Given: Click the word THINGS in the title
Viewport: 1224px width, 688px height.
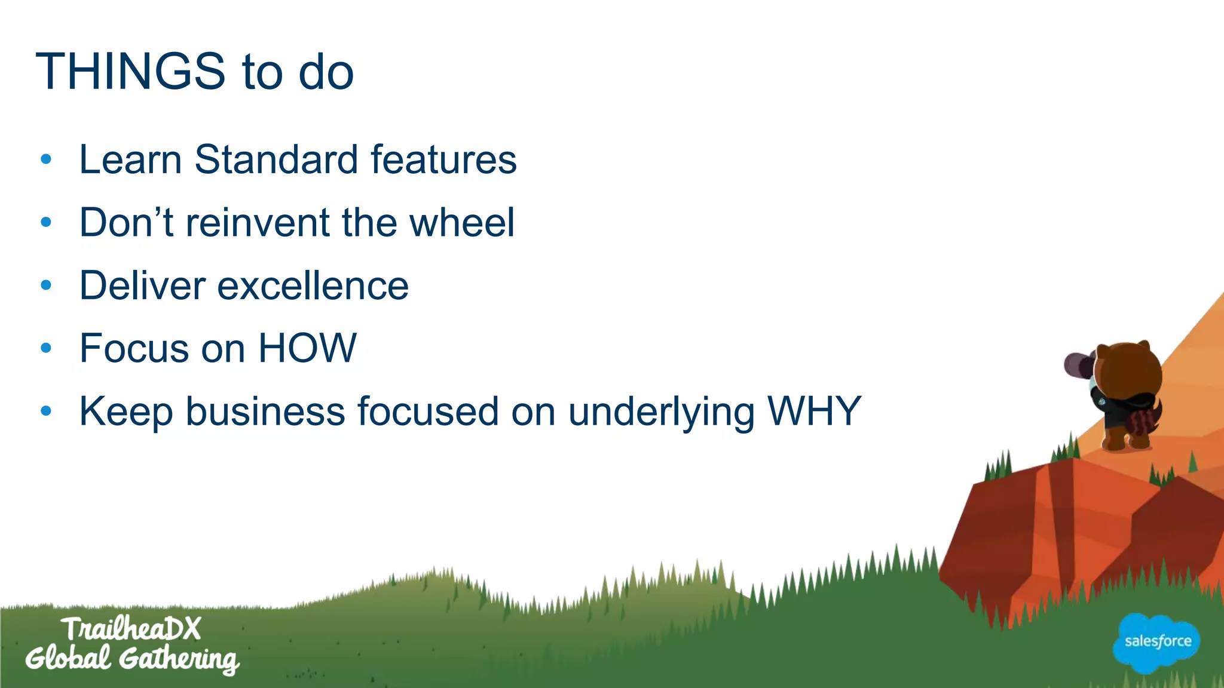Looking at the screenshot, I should click(x=130, y=72).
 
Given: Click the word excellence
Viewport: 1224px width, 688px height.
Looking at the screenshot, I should click(x=313, y=286).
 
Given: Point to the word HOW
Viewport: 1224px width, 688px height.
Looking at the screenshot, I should click(x=307, y=348).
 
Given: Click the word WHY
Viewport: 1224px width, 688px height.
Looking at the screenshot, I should click(x=813, y=411).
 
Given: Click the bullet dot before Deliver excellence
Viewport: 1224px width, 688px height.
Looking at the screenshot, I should click(x=46, y=285).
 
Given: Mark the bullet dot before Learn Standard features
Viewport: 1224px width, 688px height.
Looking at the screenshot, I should click(x=46, y=159).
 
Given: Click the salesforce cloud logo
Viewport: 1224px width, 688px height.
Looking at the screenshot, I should click(x=1157, y=643).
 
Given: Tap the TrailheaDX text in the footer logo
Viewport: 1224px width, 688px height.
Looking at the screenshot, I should click(x=131, y=629).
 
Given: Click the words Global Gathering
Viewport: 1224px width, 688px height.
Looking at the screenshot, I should click(x=131, y=659).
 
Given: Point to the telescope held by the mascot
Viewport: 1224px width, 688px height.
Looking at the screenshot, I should click(x=1079, y=365).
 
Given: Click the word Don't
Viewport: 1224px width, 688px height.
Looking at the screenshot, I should click(x=126, y=223).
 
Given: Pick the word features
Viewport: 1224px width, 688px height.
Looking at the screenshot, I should click(x=443, y=160).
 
